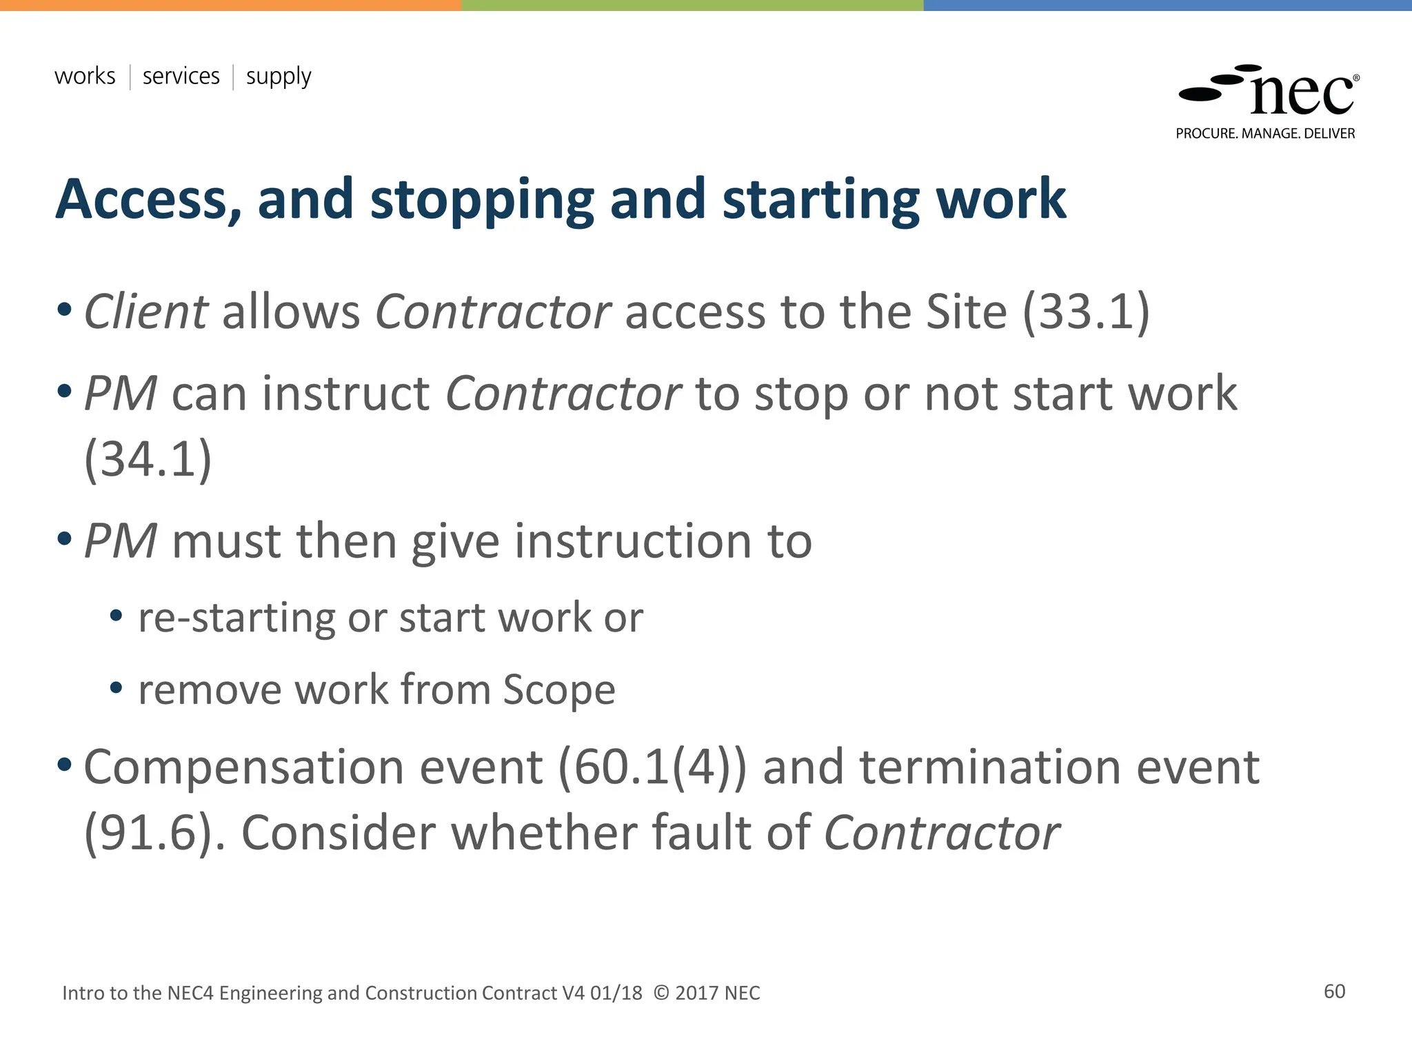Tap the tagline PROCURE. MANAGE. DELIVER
click(1265, 134)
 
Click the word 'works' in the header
click(85, 76)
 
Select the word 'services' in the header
click(181, 76)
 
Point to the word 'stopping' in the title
click(482, 200)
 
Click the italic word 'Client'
click(145, 312)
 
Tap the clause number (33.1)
click(1086, 312)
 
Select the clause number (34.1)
click(148, 459)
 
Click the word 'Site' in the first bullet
click(966, 312)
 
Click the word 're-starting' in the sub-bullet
click(236, 617)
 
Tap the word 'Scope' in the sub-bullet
click(558, 689)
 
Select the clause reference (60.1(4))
click(652, 767)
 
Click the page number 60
click(1334, 991)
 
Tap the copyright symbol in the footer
click(660, 993)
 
